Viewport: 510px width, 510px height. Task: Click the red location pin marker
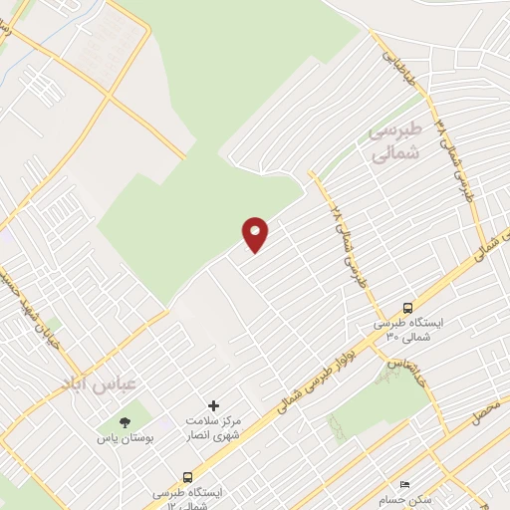pos(256,234)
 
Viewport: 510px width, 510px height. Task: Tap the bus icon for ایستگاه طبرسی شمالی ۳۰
pos(407,308)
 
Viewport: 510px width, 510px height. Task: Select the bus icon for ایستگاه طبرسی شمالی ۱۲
pos(188,477)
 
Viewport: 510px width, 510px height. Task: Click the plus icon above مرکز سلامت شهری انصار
pos(213,405)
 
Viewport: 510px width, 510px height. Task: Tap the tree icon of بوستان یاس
pos(125,422)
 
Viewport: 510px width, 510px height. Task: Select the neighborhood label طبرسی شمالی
pos(395,141)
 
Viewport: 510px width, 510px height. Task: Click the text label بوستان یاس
pos(123,438)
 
